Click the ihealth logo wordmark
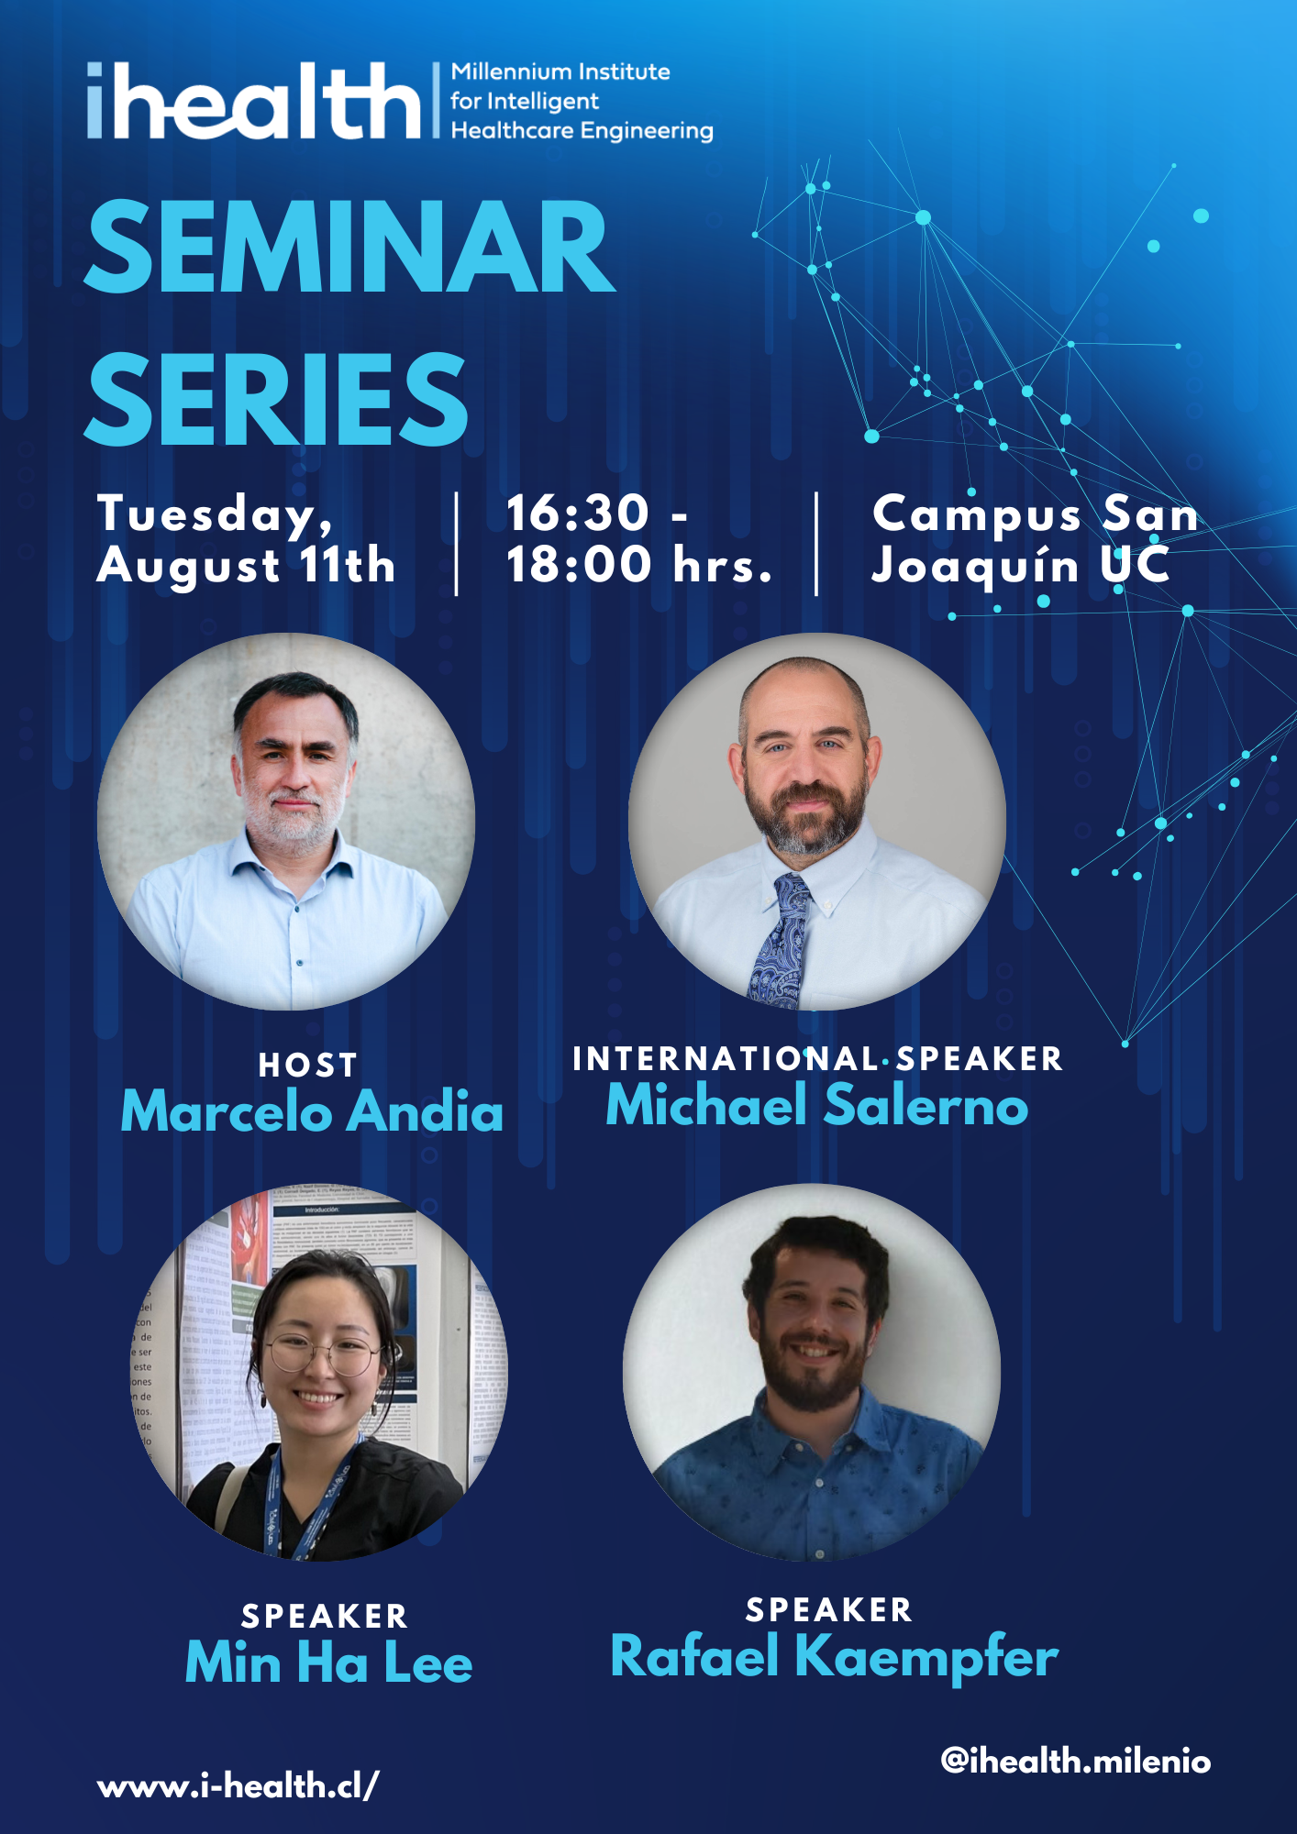tap(254, 101)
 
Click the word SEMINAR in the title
tap(349, 248)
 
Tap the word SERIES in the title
tap(276, 400)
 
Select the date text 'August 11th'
tap(246, 565)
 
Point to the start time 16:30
tap(578, 513)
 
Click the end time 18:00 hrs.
tap(639, 564)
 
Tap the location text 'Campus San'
tap(1036, 514)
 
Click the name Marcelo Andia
tap(312, 1111)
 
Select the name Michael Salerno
tap(817, 1104)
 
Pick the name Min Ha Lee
tap(328, 1662)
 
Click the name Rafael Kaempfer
tap(835, 1657)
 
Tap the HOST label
tap(307, 1066)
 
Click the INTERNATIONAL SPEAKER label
tap(817, 1059)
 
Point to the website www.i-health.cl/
tap(238, 1785)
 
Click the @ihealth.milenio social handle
tap(1076, 1761)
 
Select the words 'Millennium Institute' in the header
tap(560, 72)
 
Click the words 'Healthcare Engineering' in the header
tap(582, 131)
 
